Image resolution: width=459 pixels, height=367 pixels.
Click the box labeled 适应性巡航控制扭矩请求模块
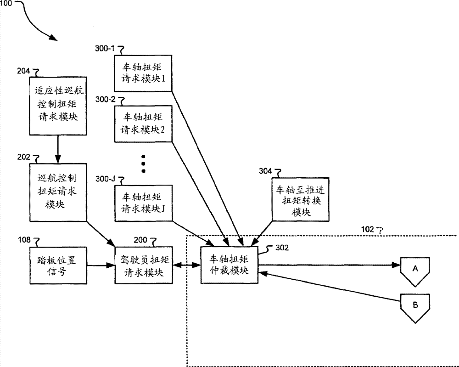[57, 105]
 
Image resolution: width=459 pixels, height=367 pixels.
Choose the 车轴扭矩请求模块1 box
[143, 73]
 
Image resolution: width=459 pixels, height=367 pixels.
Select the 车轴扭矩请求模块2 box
[143, 124]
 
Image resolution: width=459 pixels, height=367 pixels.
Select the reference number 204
[22, 71]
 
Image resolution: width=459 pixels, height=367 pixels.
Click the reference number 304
[265, 171]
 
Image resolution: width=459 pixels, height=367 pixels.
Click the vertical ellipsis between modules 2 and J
[143, 163]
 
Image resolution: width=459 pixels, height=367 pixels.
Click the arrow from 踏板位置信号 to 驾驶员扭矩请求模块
[100, 265]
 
